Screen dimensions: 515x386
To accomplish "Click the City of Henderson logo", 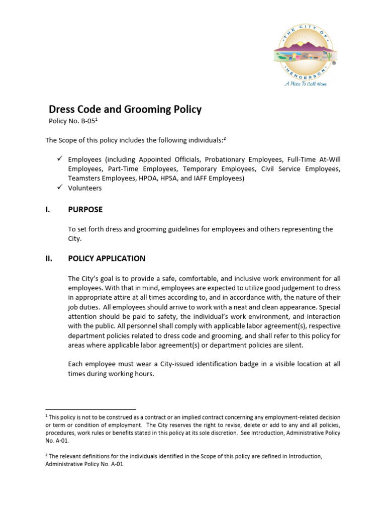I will (305, 50).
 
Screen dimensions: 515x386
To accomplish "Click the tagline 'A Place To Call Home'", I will (305, 83).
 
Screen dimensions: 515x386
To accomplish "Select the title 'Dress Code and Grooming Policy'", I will (125, 109).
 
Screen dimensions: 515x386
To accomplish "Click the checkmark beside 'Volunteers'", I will (59, 188).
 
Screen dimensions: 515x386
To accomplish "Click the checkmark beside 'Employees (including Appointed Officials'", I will (59, 159).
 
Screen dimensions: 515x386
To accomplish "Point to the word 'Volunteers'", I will (85, 188).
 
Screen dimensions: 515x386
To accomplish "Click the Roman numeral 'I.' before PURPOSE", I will (48, 210).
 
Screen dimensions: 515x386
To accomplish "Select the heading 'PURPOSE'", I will (85, 210).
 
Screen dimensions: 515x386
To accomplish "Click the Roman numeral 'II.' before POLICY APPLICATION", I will (49, 259).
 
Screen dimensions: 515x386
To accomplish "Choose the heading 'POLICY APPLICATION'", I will (107, 259).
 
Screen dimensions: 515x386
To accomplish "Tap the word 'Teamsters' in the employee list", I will (84, 179).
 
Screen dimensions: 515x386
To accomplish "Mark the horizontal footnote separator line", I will (90, 409).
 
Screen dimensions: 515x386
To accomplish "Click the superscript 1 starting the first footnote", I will (46, 416).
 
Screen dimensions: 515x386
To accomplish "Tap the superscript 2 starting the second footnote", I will (46, 455).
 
